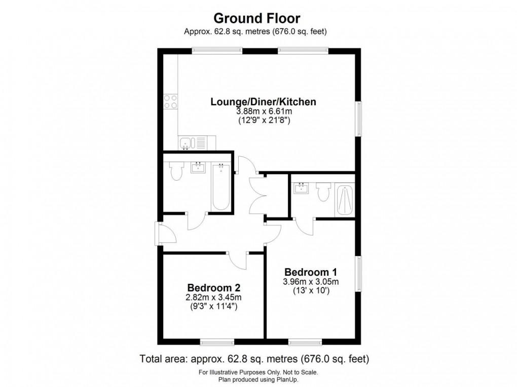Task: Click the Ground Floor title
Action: click(256, 19)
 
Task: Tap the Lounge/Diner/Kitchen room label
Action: click(263, 102)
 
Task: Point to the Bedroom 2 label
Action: click(213, 287)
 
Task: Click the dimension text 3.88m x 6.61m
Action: click(263, 112)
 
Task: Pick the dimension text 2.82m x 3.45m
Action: click(213, 297)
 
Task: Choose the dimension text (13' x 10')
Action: click(310, 291)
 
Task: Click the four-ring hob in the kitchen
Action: click(171, 102)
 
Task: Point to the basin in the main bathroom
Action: click(198, 167)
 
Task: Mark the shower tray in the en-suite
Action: click(345, 200)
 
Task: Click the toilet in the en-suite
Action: click(323, 192)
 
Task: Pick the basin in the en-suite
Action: click(302, 188)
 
